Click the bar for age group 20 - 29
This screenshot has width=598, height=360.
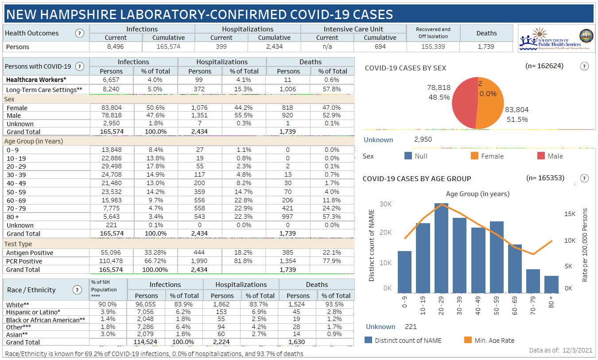click(x=441, y=248)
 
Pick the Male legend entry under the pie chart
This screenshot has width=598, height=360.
click(x=550, y=156)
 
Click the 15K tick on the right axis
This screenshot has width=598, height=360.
click(x=570, y=214)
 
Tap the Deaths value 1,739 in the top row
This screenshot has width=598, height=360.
click(x=486, y=46)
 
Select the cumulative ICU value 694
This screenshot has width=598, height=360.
click(x=380, y=46)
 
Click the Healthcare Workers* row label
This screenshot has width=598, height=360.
click(x=36, y=80)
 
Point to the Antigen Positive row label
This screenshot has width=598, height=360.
click(x=30, y=253)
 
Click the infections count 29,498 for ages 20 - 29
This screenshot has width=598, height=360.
click(x=112, y=166)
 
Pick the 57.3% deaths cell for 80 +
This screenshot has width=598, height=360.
click(x=332, y=217)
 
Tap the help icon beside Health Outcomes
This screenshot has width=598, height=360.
click(x=80, y=33)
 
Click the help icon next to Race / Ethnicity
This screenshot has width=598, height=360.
click(x=77, y=290)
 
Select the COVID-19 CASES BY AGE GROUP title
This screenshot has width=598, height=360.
click(x=417, y=178)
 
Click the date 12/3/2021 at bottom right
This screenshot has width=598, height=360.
click(x=578, y=350)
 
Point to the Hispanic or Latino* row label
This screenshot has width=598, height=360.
click(x=33, y=312)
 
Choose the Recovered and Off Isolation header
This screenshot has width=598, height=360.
click(x=433, y=33)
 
